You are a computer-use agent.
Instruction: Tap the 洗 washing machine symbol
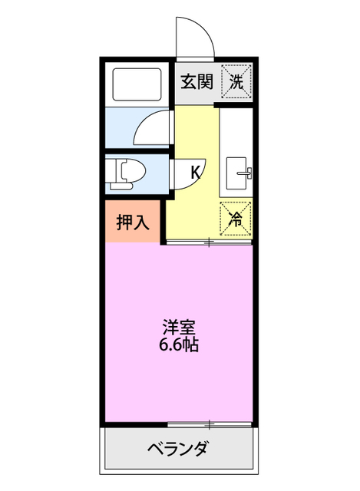tap(236, 81)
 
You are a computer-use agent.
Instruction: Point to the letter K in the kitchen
tap(196, 172)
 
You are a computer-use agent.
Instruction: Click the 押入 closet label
tap(133, 222)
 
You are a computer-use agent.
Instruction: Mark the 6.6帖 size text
tap(179, 344)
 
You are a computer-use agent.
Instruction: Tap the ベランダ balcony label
tap(178, 449)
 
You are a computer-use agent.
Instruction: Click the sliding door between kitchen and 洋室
tap(209, 242)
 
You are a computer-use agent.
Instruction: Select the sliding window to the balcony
tap(209, 423)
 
